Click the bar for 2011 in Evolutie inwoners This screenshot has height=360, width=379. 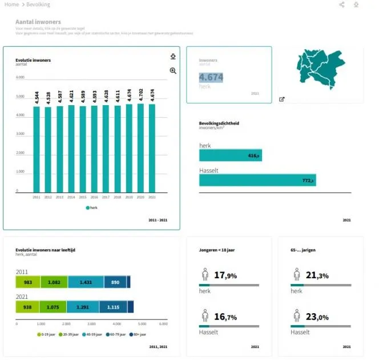tap(36, 149)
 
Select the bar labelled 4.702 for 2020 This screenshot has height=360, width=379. tap(140, 147)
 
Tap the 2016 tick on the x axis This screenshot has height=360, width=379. tap(94, 197)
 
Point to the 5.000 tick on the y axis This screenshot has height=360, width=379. tap(21, 96)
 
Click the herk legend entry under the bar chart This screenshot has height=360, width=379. tap(92, 207)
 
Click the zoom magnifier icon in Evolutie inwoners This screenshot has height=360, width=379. tap(173, 71)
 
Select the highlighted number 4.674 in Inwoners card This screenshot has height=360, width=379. tap(211, 77)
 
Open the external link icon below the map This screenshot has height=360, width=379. tap(281, 99)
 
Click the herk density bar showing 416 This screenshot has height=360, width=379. tap(230, 155)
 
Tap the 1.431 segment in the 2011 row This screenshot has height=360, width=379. tap(86, 282)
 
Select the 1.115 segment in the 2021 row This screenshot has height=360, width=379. tap(113, 307)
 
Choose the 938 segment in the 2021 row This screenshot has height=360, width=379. tap(27, 307)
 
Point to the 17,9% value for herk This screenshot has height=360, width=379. tap(225, 275)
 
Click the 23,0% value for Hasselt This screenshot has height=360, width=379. tap(317, 317)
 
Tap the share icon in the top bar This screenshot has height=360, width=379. tap(342, 5)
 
